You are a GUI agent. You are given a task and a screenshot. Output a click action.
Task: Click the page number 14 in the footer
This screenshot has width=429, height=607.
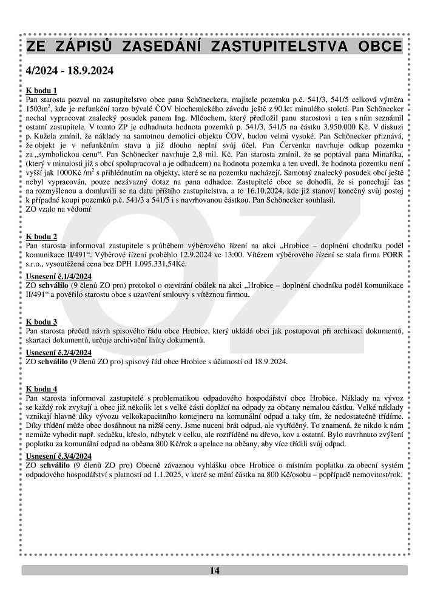215,570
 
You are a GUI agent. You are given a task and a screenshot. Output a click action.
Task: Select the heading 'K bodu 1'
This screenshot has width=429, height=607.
42,90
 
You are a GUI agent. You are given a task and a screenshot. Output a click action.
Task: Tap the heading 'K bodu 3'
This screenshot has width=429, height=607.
42,321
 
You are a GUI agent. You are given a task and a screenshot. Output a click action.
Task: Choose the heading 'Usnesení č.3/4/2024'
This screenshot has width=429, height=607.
58,455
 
